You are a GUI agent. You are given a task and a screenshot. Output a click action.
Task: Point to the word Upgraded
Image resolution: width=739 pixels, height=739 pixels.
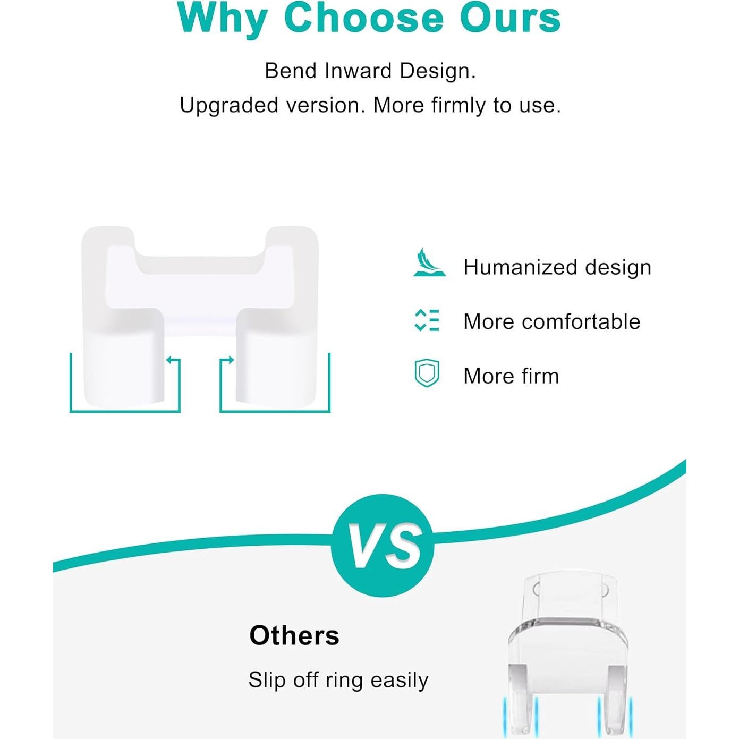229,106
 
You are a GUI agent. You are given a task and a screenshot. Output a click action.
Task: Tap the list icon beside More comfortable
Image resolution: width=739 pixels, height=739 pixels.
427,320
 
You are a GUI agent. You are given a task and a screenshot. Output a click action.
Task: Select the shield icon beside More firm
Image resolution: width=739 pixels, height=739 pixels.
427,373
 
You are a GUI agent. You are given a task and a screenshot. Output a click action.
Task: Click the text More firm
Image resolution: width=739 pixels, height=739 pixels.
511,376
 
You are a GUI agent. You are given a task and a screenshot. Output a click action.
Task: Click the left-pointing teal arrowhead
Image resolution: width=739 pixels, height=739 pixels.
169,360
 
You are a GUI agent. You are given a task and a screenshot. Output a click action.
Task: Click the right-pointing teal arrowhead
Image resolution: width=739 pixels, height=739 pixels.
230,360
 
